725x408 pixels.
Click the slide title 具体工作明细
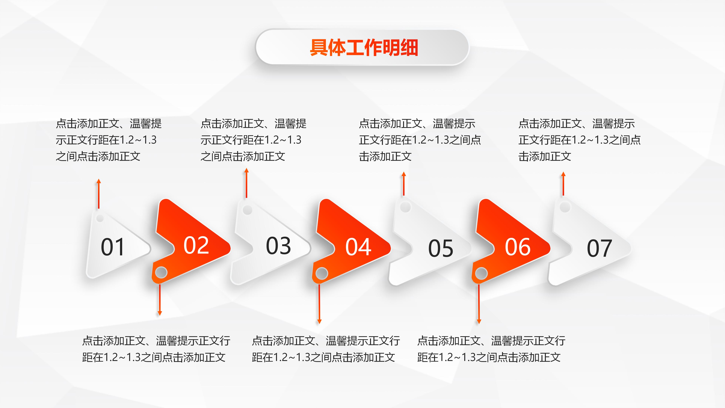364,48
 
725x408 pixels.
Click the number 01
113,247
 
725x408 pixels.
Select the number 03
278,246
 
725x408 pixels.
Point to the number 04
358,247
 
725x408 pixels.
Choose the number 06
518,247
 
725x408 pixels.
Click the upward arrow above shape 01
99,194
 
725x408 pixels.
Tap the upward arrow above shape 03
247,183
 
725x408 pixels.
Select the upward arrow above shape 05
404,184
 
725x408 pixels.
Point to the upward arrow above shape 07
563,184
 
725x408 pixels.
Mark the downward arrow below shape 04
319,304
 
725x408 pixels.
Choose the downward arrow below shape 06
479,304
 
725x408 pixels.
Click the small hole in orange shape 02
161,272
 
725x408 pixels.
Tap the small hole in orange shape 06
481,273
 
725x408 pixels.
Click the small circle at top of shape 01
100,218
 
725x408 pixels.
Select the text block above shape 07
579,140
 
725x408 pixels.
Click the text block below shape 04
326,349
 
